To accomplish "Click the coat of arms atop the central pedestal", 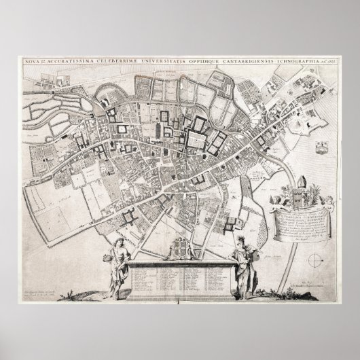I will pos(179,248).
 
